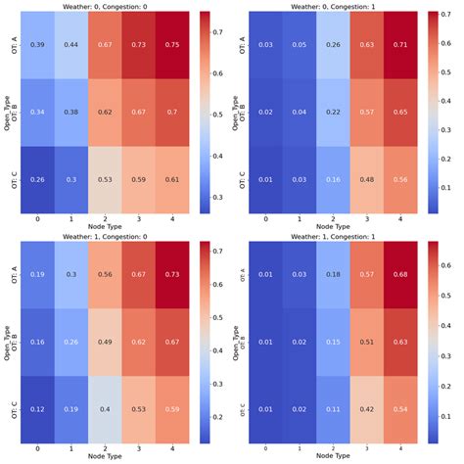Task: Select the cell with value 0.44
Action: point(71,45)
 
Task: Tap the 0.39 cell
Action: point(37,45)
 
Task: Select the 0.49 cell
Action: point(106,343)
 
